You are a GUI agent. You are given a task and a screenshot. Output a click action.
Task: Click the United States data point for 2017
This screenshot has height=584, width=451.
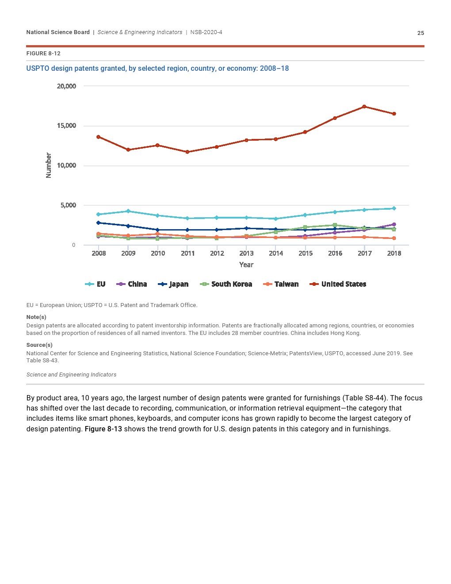364,107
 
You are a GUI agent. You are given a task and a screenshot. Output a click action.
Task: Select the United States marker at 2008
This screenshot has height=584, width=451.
99,137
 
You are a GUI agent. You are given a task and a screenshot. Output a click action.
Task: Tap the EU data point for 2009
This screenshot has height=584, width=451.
128,211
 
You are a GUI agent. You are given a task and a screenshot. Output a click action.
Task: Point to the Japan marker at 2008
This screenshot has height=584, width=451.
99,223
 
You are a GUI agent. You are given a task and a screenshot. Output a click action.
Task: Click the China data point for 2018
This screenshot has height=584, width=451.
394,225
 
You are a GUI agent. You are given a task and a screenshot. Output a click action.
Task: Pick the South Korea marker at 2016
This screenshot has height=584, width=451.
335,225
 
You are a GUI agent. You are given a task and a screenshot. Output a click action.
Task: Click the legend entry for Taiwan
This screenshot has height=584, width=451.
281,284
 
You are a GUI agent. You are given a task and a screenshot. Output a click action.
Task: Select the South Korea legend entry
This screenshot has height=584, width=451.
226,284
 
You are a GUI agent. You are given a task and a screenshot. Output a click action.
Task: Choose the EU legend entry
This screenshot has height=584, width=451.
96,284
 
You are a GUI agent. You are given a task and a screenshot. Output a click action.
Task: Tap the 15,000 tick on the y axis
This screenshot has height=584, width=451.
66,126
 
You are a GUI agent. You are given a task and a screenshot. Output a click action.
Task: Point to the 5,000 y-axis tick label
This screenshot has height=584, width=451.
68,205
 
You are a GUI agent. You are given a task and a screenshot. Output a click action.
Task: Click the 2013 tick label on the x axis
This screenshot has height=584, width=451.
246,254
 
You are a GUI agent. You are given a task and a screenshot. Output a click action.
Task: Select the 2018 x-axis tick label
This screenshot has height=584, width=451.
394,254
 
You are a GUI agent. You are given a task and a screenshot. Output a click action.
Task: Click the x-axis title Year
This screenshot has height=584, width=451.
246,265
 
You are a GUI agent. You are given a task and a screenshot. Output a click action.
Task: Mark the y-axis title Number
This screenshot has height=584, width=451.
49,165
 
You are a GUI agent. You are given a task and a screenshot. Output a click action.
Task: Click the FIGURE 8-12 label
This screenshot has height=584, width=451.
43,54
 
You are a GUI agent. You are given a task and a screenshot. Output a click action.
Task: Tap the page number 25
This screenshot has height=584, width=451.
420,33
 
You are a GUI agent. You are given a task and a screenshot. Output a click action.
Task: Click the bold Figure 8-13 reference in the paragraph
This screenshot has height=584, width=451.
103,429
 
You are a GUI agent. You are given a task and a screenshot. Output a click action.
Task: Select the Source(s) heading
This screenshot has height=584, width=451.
39,345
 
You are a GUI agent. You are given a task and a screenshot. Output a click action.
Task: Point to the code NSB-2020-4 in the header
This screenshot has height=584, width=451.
206,32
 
